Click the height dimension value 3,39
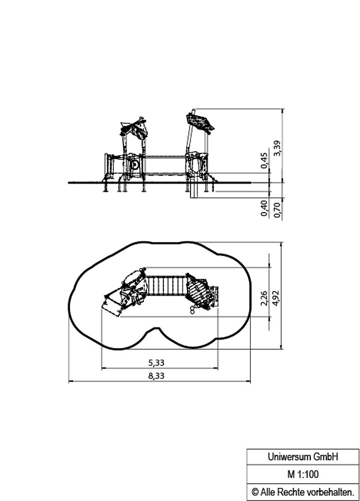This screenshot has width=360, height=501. coord(277,148)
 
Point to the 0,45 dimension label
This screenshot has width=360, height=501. coord(264,160)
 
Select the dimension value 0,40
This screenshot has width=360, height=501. coord(264,208)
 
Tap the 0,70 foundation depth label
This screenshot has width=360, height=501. coord(277,210)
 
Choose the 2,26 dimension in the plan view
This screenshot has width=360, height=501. coord(264,298)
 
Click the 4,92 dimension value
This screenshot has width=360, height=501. coord(275,298)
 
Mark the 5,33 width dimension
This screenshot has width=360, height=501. coord(156,363)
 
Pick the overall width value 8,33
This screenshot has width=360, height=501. coord(156,376)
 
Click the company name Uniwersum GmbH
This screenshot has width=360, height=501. coord(302,457)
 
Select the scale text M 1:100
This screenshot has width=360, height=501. coord(303,474)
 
